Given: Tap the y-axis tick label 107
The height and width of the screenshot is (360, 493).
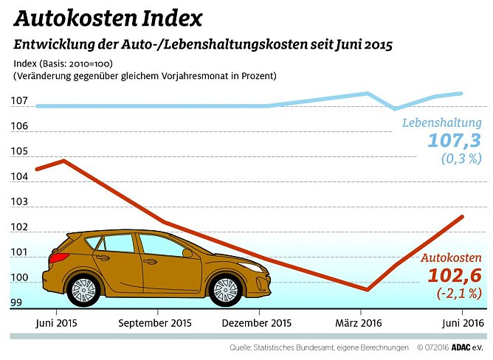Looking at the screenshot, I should click(20, 101).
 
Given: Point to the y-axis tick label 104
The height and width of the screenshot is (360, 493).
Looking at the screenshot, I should click(20, 177).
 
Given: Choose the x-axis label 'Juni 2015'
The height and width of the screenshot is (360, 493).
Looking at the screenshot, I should click(56, 323).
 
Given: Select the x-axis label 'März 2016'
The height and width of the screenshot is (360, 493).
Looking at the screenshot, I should click(359, 323).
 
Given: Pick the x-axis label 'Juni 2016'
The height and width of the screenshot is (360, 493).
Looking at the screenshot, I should click(462, 323).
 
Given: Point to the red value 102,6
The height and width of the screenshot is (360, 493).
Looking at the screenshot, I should click(455, 276).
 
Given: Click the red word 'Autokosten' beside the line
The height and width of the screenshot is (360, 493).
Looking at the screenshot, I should click(451, 258).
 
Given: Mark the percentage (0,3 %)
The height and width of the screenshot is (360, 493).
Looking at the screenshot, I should click(461, 159).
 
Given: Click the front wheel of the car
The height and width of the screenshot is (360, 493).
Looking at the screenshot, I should click(224, 290).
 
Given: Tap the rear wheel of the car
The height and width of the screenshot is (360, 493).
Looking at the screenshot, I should click(84, 290).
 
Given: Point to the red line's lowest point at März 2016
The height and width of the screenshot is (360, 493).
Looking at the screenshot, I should click(368, 290).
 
